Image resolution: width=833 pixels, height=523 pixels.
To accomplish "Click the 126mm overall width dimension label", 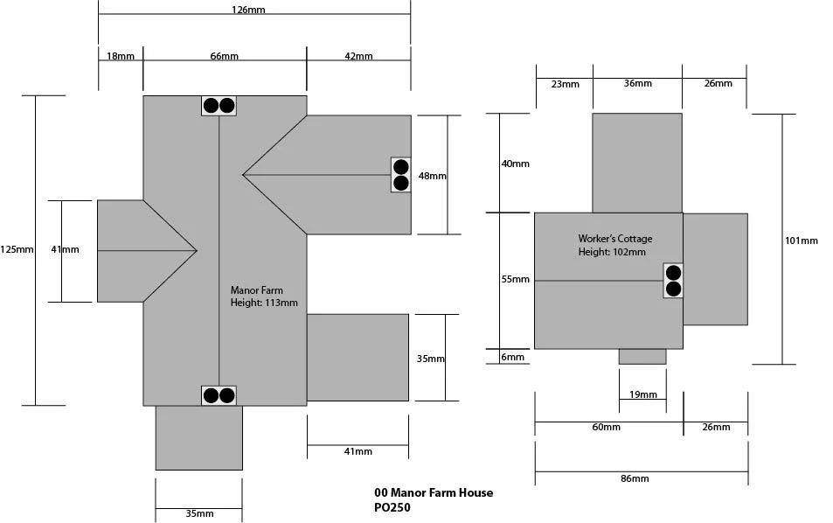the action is point(248,10).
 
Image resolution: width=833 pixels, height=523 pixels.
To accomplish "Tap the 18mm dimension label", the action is point(121,56).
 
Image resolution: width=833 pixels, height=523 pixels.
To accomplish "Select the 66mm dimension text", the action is point(224,56).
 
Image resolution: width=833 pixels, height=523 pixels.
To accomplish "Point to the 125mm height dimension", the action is point(17,249).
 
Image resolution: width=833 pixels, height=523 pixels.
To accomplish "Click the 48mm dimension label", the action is point(433,176).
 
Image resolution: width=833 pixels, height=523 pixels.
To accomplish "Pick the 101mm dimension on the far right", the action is point(802,241).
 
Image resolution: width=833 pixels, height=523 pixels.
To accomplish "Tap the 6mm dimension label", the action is point(513,357).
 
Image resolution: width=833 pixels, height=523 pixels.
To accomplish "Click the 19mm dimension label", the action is point(642,394).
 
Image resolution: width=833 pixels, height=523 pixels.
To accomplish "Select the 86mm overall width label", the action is point(635,478).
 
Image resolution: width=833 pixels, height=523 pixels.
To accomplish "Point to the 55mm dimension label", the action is point(516,279).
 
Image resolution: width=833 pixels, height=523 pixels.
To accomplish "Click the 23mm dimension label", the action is point(566,84).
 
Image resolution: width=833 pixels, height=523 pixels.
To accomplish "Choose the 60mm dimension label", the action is point(606,427).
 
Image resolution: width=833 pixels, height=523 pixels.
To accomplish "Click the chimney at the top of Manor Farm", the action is point(219,106).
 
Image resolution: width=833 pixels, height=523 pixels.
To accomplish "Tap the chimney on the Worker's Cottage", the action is point(673,281).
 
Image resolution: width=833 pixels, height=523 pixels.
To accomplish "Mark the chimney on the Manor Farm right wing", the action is point(400,175).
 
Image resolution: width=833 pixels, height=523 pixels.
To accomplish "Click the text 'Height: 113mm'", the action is point(264,303).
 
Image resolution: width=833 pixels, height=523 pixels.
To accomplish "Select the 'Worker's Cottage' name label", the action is point(615,239).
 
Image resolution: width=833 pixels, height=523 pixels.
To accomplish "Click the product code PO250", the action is point(392,507).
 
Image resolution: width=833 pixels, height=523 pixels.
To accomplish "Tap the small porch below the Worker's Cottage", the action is point(642,357).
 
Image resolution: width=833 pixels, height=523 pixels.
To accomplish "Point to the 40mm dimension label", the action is point(516,164).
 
